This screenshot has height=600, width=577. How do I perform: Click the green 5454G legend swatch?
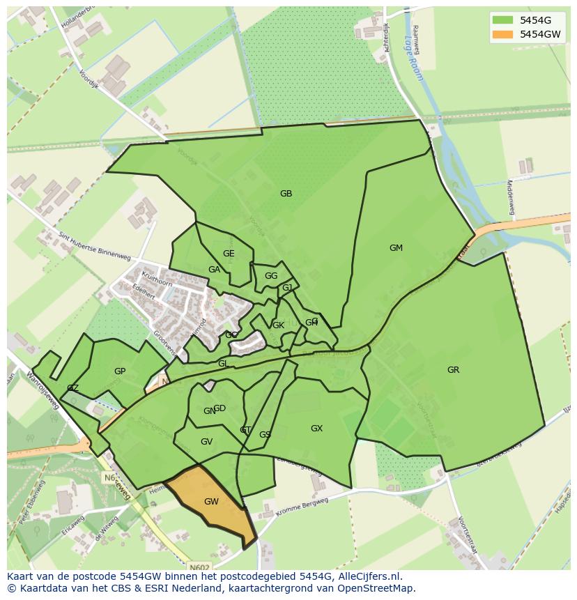click(501, 20)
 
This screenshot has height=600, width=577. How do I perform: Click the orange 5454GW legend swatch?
click(501, 34)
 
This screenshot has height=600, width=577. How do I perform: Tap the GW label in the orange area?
click(211, 502)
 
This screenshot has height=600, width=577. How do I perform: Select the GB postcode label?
click(286, 194)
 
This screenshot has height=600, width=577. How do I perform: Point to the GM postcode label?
click(396, 248)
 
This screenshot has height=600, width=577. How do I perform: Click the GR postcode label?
click(453, 370)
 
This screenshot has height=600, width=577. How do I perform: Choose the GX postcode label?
click(316, 429)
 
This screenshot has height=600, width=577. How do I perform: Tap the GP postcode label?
click(120, 371)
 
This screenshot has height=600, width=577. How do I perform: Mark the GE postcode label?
click(229, 254)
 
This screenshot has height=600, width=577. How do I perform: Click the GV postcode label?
click(206, 442)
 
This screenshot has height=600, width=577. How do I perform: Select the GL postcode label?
click(223, 364)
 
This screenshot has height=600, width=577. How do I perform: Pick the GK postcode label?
click(278, 325)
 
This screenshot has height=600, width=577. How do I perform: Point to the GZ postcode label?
click(72, 388)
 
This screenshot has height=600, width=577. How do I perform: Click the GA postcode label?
click(214, 270)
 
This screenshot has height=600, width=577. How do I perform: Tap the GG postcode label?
click(271, 276)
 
